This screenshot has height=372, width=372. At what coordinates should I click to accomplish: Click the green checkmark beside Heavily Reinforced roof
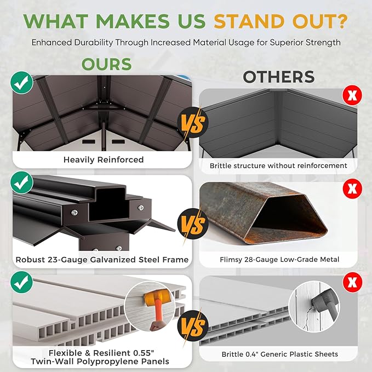coord(21,83)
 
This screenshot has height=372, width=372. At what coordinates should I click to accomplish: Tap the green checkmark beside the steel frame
coord(21,182)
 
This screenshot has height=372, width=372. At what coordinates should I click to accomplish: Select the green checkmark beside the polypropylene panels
coord(21,282)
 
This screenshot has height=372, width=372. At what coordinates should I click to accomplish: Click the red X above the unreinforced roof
coord(352,95)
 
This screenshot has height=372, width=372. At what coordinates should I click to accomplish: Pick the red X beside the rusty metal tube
coord(352,188)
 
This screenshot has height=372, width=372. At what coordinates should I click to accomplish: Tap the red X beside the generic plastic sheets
coord(352,282)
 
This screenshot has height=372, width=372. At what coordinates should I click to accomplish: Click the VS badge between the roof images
coord(193,122)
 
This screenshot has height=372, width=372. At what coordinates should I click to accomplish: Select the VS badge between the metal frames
coord(193,224)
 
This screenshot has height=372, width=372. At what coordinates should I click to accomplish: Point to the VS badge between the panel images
coord(193,325)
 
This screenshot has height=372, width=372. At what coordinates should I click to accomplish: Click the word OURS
coord(106,64)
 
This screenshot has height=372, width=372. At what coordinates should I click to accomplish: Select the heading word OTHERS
coord(279,77)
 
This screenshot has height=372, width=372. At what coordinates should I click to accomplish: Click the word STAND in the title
coord(249,21)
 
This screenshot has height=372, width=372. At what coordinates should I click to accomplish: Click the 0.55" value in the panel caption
coord(144,353)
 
